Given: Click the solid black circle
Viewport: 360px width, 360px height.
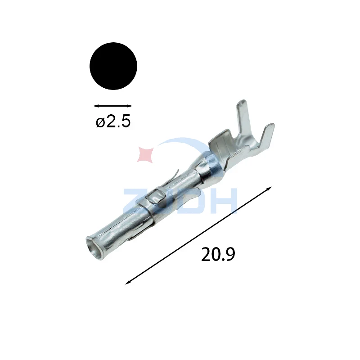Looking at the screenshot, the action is [113, 66].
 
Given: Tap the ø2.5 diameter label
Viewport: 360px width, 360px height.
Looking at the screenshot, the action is [113, 121].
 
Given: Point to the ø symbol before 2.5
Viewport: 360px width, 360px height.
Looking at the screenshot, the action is [100, 122].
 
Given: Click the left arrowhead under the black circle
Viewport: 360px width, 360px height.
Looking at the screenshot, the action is [95, 106].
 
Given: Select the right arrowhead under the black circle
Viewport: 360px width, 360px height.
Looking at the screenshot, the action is [130, 106].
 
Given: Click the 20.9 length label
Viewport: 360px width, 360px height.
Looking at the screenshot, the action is [218, 254].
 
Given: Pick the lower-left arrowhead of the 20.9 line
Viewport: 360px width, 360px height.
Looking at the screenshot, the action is [127, 283].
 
